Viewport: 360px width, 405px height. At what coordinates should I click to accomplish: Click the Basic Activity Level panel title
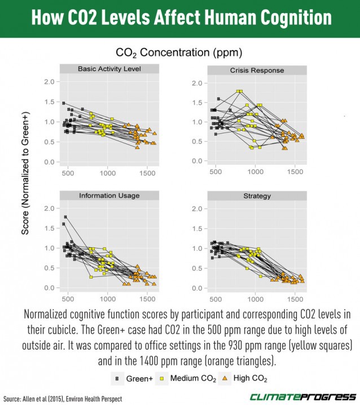(109, 69)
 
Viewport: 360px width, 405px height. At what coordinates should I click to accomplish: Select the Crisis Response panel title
(257, 71)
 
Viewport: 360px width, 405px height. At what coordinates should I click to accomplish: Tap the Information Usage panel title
(109, 195)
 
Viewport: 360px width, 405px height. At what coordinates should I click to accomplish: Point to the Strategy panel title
(257, 196)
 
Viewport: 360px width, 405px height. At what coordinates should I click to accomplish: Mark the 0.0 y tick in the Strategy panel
(197, 289)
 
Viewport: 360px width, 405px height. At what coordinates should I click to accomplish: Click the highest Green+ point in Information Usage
(66, 217)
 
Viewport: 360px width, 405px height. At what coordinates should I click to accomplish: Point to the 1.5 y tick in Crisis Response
(197, 103)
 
